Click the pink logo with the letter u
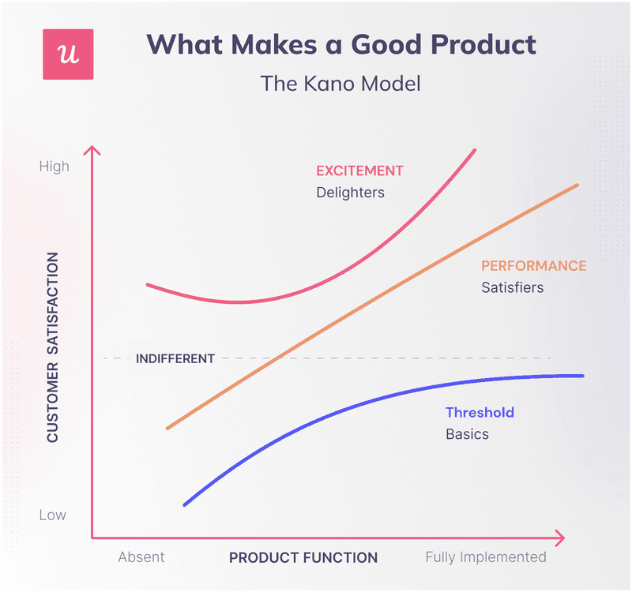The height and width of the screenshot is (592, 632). click(68, 54)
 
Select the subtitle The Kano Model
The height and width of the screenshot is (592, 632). click(340, 83)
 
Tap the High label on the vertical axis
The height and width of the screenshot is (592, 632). click(54, 167)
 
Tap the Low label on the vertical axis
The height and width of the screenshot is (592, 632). click(53, 515)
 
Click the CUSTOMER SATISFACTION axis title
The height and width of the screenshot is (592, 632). click(53, 347)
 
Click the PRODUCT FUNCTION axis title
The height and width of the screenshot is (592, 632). click(303, 557)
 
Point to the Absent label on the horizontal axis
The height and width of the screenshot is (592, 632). click(141, 557)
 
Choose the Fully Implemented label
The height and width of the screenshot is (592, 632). click(486, 557)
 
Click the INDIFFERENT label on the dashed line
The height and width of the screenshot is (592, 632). click(175, 358)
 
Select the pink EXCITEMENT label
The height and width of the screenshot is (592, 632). click(359, 170)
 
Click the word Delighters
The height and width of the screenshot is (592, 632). click(350, 192)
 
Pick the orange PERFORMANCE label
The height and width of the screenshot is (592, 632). click(534, 266)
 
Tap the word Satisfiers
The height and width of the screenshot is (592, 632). click(513, 287)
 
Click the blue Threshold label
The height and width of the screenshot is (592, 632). click(480, 412)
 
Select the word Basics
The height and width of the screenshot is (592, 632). click(467, 434)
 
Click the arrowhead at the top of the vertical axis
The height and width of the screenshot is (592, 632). click(93, 150)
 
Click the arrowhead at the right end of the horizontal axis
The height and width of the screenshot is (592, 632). click(560, 538)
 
